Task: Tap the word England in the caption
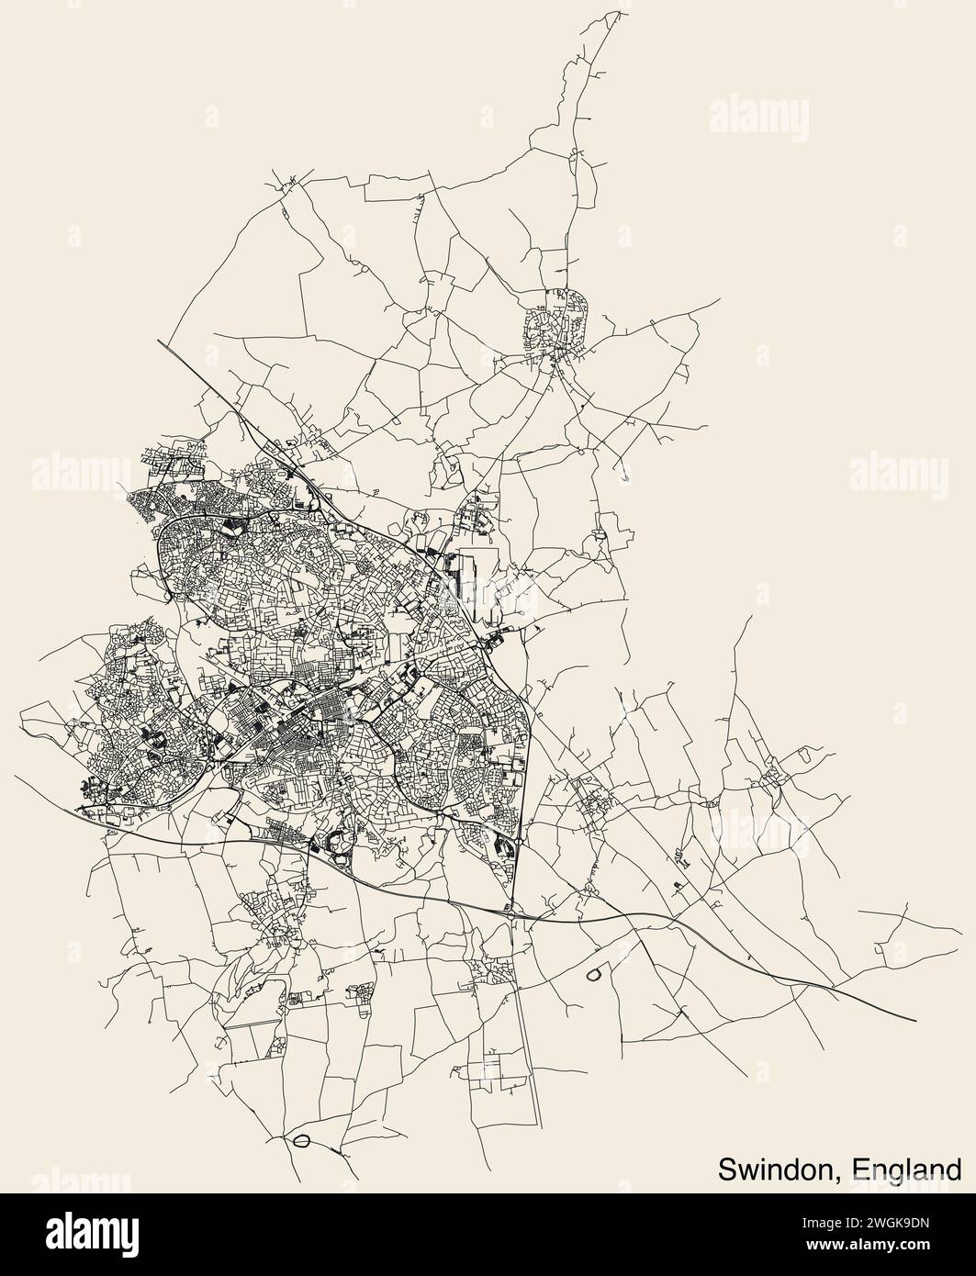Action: click(x=907, y=1169)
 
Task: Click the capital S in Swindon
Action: click(x=725, y=1169)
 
